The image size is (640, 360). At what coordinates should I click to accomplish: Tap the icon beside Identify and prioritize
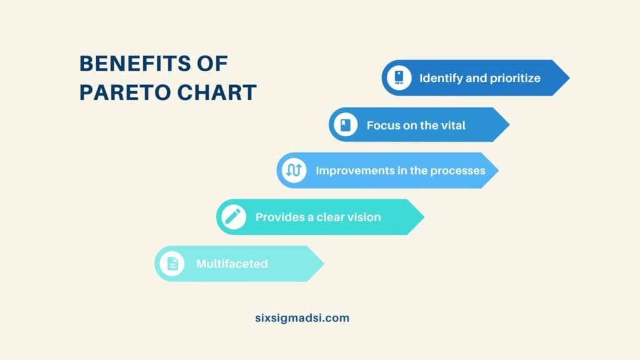398,78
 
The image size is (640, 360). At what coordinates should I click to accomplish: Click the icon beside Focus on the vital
344,125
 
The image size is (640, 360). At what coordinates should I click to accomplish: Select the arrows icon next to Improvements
294,170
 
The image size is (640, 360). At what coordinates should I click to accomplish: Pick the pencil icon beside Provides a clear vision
233,217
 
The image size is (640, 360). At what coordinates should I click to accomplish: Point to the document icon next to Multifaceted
172,264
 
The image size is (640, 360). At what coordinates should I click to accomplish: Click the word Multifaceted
232,264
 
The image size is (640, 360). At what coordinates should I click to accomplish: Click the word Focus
382,125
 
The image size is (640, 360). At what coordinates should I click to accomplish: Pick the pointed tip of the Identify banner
568,78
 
